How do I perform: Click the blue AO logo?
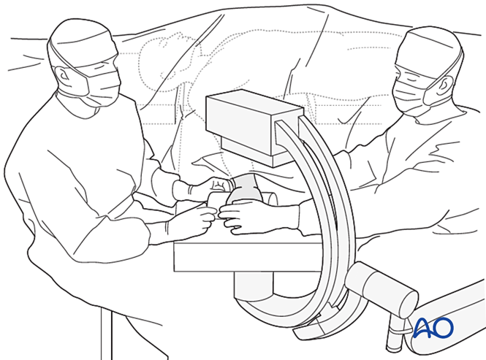point(433,329)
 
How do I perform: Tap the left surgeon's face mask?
point(102,88)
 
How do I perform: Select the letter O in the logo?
point(443,329)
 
